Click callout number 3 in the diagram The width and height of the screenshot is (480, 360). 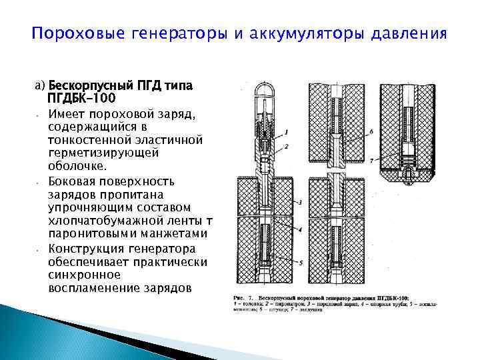[301, 201]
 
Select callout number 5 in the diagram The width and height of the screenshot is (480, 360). [301, 263]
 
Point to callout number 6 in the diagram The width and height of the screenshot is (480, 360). [371, 133]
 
